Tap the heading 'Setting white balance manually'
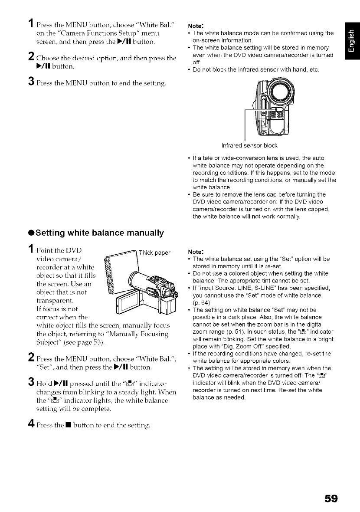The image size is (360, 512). click(85, 233)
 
